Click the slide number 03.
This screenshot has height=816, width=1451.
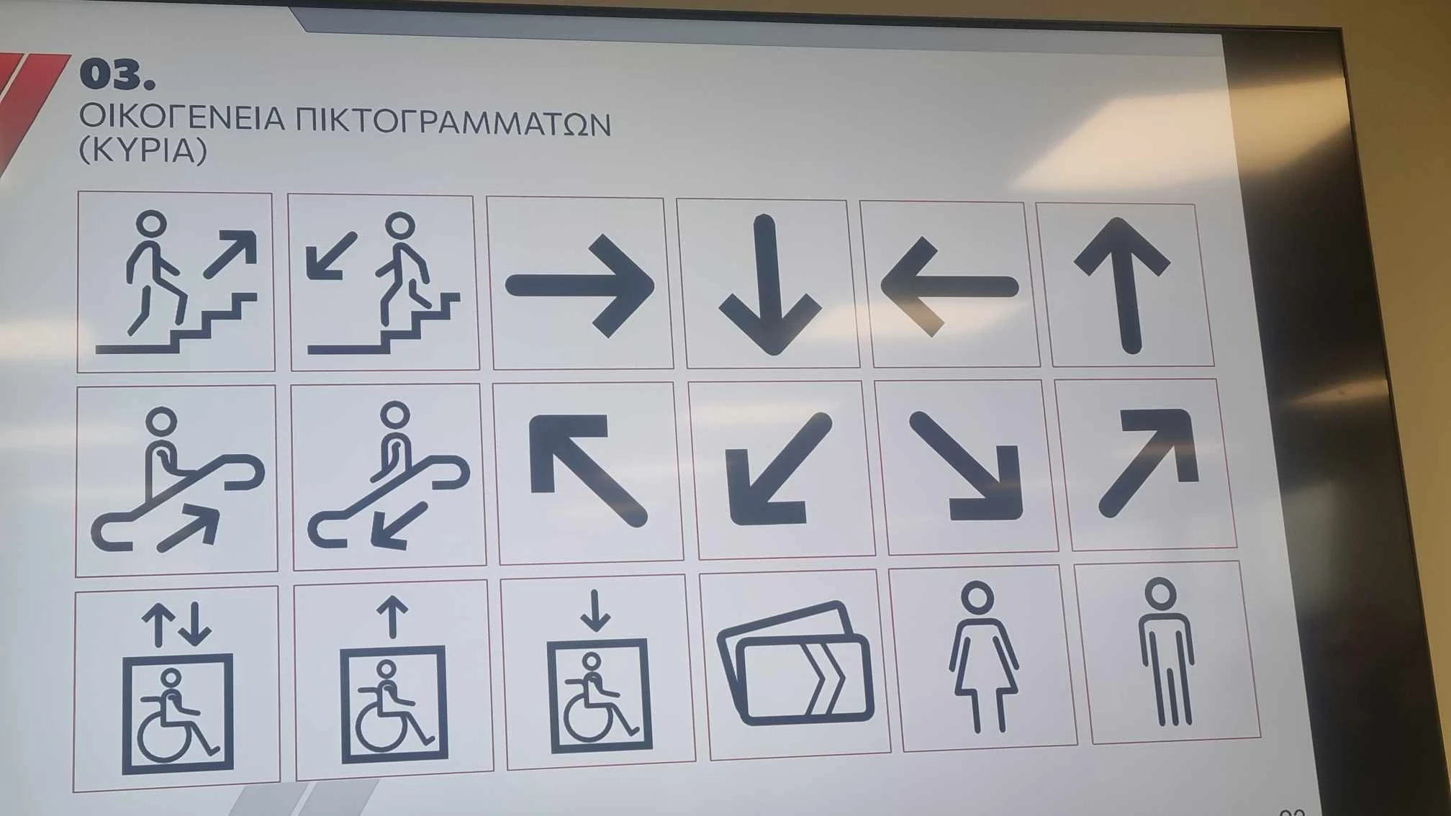(x=117, y=75)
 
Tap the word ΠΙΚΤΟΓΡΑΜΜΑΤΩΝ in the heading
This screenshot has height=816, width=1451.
(x=453, y=122)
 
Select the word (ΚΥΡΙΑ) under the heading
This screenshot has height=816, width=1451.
(x=143, y=150)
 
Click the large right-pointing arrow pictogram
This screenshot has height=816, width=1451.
(x=580, y=286)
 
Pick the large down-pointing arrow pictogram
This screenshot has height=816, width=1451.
(x=769, y=285)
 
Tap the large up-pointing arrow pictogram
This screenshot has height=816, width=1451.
(x=1122, y=285)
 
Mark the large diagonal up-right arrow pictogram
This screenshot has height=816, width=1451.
(x=1148, y=463)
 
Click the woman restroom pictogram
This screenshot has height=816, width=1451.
(x=982, y=657)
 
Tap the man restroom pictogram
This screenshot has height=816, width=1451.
(x=1165, y=651)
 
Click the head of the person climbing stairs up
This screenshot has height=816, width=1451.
(x=152, y=223)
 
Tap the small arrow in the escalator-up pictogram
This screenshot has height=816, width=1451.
(x=189, y=529)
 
